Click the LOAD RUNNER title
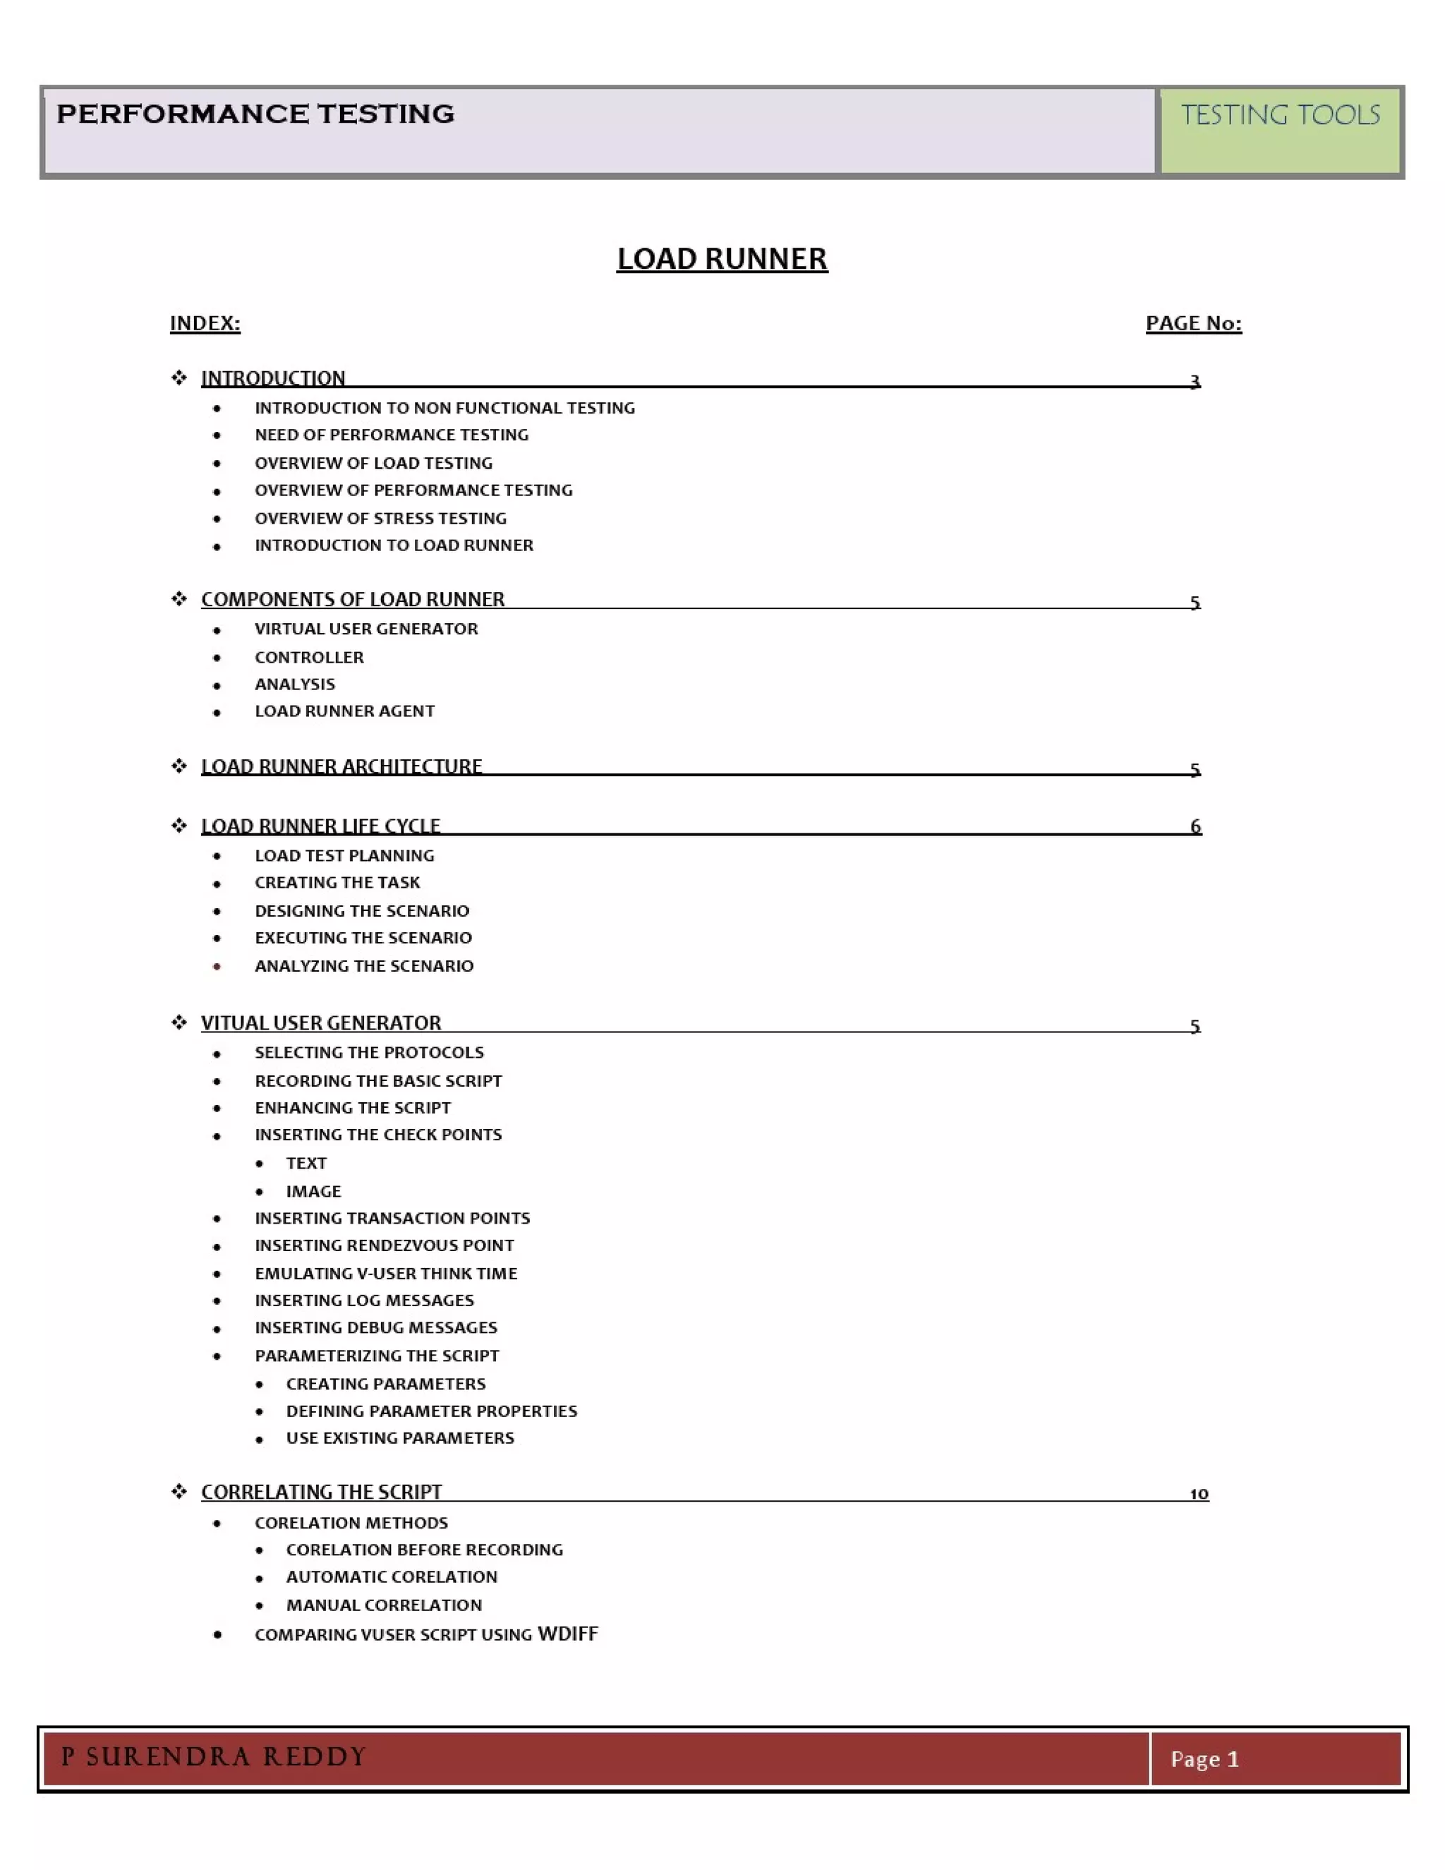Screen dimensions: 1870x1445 722,258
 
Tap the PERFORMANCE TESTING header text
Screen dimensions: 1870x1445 255,114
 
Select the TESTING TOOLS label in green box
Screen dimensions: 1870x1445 1280,115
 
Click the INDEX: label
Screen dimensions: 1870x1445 205,324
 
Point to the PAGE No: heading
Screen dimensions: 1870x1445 1193,324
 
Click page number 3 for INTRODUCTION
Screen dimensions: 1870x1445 1195,380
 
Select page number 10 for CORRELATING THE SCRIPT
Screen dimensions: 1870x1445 1199,1493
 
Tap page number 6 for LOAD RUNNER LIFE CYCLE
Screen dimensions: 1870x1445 1195,826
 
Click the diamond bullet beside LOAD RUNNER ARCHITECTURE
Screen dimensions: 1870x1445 179,766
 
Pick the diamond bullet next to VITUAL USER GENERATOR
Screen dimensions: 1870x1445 179,1023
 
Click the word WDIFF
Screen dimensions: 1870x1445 567,1634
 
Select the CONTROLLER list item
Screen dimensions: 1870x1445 309,658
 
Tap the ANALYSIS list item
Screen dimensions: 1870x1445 294,684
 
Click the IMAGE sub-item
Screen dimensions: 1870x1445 313,1191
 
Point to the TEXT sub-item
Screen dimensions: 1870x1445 306,1163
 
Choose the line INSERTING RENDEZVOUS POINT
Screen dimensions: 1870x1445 385,1245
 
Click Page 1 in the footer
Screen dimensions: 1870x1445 1204,1759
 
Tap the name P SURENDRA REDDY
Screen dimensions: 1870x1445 214,1757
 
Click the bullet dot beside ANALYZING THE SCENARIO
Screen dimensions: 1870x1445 217,967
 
